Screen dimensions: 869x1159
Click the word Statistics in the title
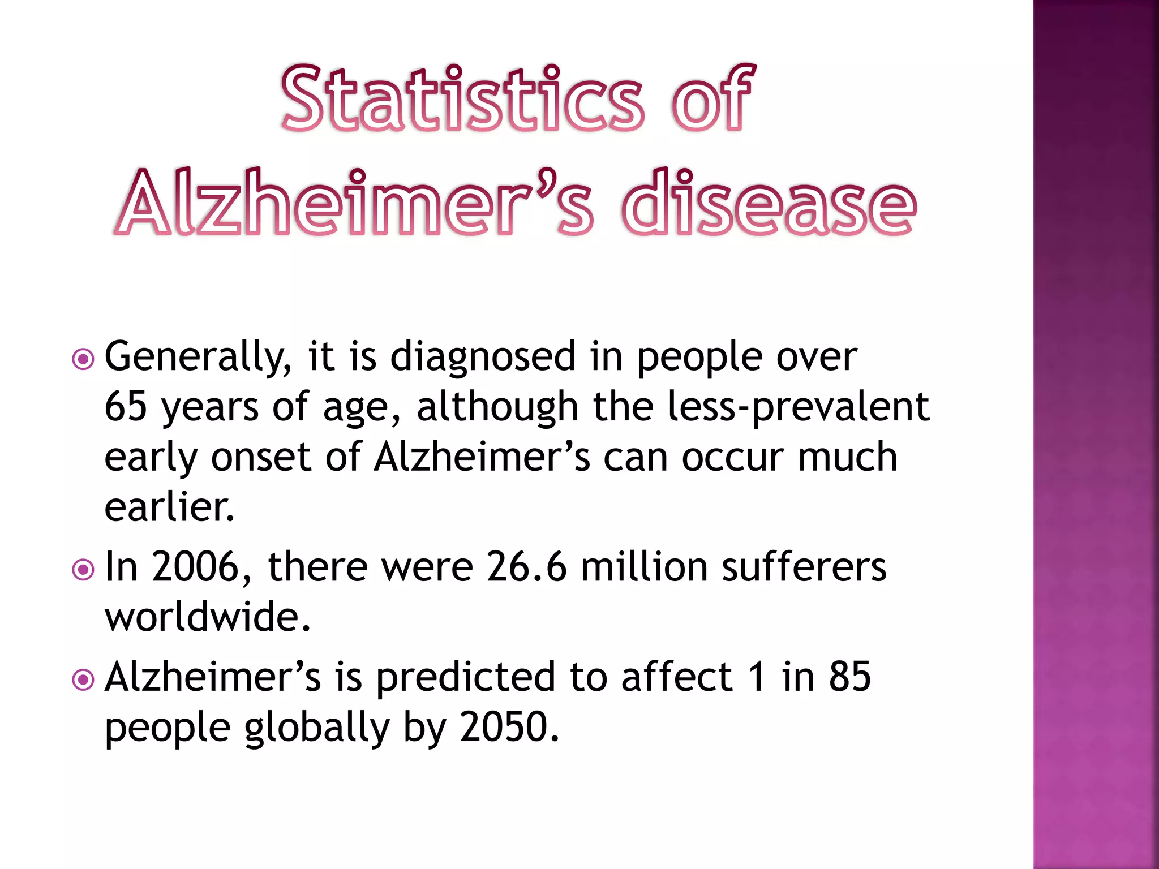[462, 99]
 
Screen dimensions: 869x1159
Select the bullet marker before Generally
[83, 359]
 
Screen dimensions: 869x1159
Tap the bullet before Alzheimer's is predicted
[83, 679]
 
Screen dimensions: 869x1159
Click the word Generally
[198, 358]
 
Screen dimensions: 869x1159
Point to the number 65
[126, 407]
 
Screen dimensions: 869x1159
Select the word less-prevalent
[798, 407]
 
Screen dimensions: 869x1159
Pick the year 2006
[195, 567]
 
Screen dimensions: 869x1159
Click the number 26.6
[526, 567]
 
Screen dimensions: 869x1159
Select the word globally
[317, 728]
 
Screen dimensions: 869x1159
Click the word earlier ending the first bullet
[169, 507]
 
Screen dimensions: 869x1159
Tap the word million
[644, 567]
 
